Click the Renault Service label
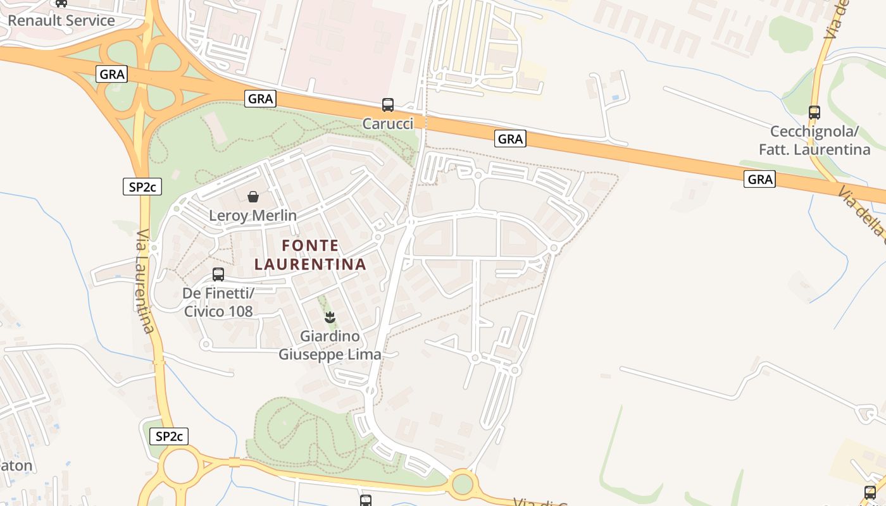pos(61,20)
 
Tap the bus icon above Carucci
pos(387,105)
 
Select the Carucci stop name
pos(387,123)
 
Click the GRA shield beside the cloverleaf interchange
pos(112,74)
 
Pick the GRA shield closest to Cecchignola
pos(759,179)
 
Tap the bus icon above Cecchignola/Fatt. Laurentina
pos(814,113)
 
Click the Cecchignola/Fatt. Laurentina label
pos(820,140)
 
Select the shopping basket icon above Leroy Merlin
pos(253,197)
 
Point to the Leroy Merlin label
pos(253,216)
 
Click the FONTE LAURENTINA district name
pos(310,254)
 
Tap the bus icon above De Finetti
pos(218,275)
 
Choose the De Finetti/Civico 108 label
pos(218,302)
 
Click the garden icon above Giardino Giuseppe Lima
pos(329,318)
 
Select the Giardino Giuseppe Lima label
pos(330,345)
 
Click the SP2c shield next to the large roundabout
pos(169,436)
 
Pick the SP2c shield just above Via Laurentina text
pos(142,187)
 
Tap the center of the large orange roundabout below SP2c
pos(182,467)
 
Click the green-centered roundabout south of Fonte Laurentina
pos(463,484)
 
